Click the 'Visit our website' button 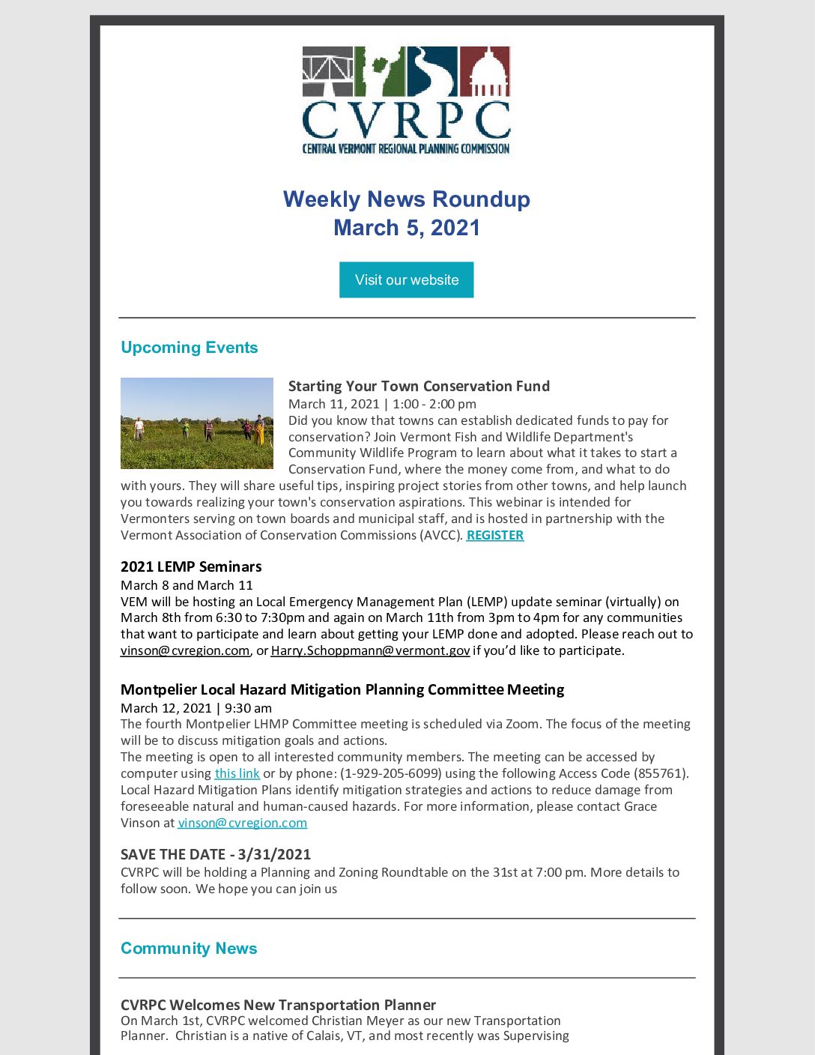coord(406,279)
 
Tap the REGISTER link coord(494,535)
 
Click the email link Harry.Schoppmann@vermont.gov coord(370,650)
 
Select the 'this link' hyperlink coord(237,773)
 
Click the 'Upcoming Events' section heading coord(189,348)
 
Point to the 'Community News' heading coord(189,949)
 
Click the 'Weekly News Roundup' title coord(406,199)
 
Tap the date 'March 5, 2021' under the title coord(406,228)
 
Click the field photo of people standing coord(197,423)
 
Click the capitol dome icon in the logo coord(484,72)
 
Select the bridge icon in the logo coord(327,72)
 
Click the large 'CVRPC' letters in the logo coord(406,120)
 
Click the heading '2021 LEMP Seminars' coord(191,566)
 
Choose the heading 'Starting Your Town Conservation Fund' coord(419,386)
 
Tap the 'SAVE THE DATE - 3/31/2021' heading coord(216,854)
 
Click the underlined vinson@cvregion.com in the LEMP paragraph coord(185,650)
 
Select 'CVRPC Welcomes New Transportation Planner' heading coord(278,1005)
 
